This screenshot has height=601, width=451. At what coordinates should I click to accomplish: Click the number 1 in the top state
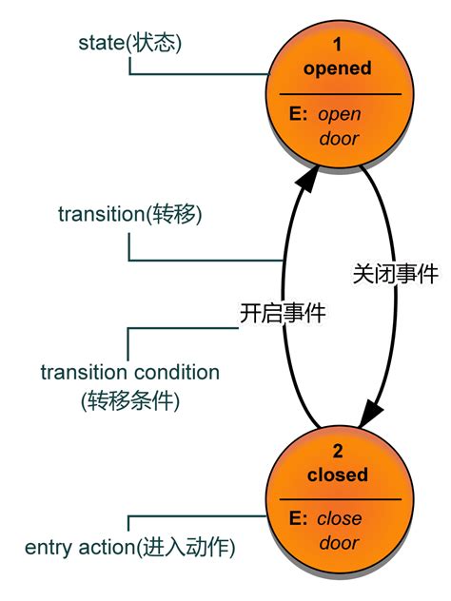pos(337,45)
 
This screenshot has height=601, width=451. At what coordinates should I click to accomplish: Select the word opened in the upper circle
pos(338,68)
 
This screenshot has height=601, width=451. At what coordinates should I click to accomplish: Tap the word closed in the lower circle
pos(337,475)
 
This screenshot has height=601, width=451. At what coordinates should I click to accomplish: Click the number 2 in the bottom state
pos(337,451)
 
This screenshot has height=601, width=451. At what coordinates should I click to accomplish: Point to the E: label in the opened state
pos(298,114)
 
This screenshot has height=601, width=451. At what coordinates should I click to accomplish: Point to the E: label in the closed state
pos(298,519)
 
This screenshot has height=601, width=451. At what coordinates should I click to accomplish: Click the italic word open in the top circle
pos(339,114)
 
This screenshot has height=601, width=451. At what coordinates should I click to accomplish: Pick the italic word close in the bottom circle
pos(339,519)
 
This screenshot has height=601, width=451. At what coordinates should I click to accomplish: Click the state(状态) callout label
pos(128,45)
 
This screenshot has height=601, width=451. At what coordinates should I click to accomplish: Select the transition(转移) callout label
pos(130,214)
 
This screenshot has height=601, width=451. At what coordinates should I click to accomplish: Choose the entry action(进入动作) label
pos(130,548)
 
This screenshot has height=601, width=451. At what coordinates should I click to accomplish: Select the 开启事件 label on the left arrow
pos(283,313)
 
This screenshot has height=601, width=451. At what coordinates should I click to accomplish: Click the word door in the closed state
pos(339,543)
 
